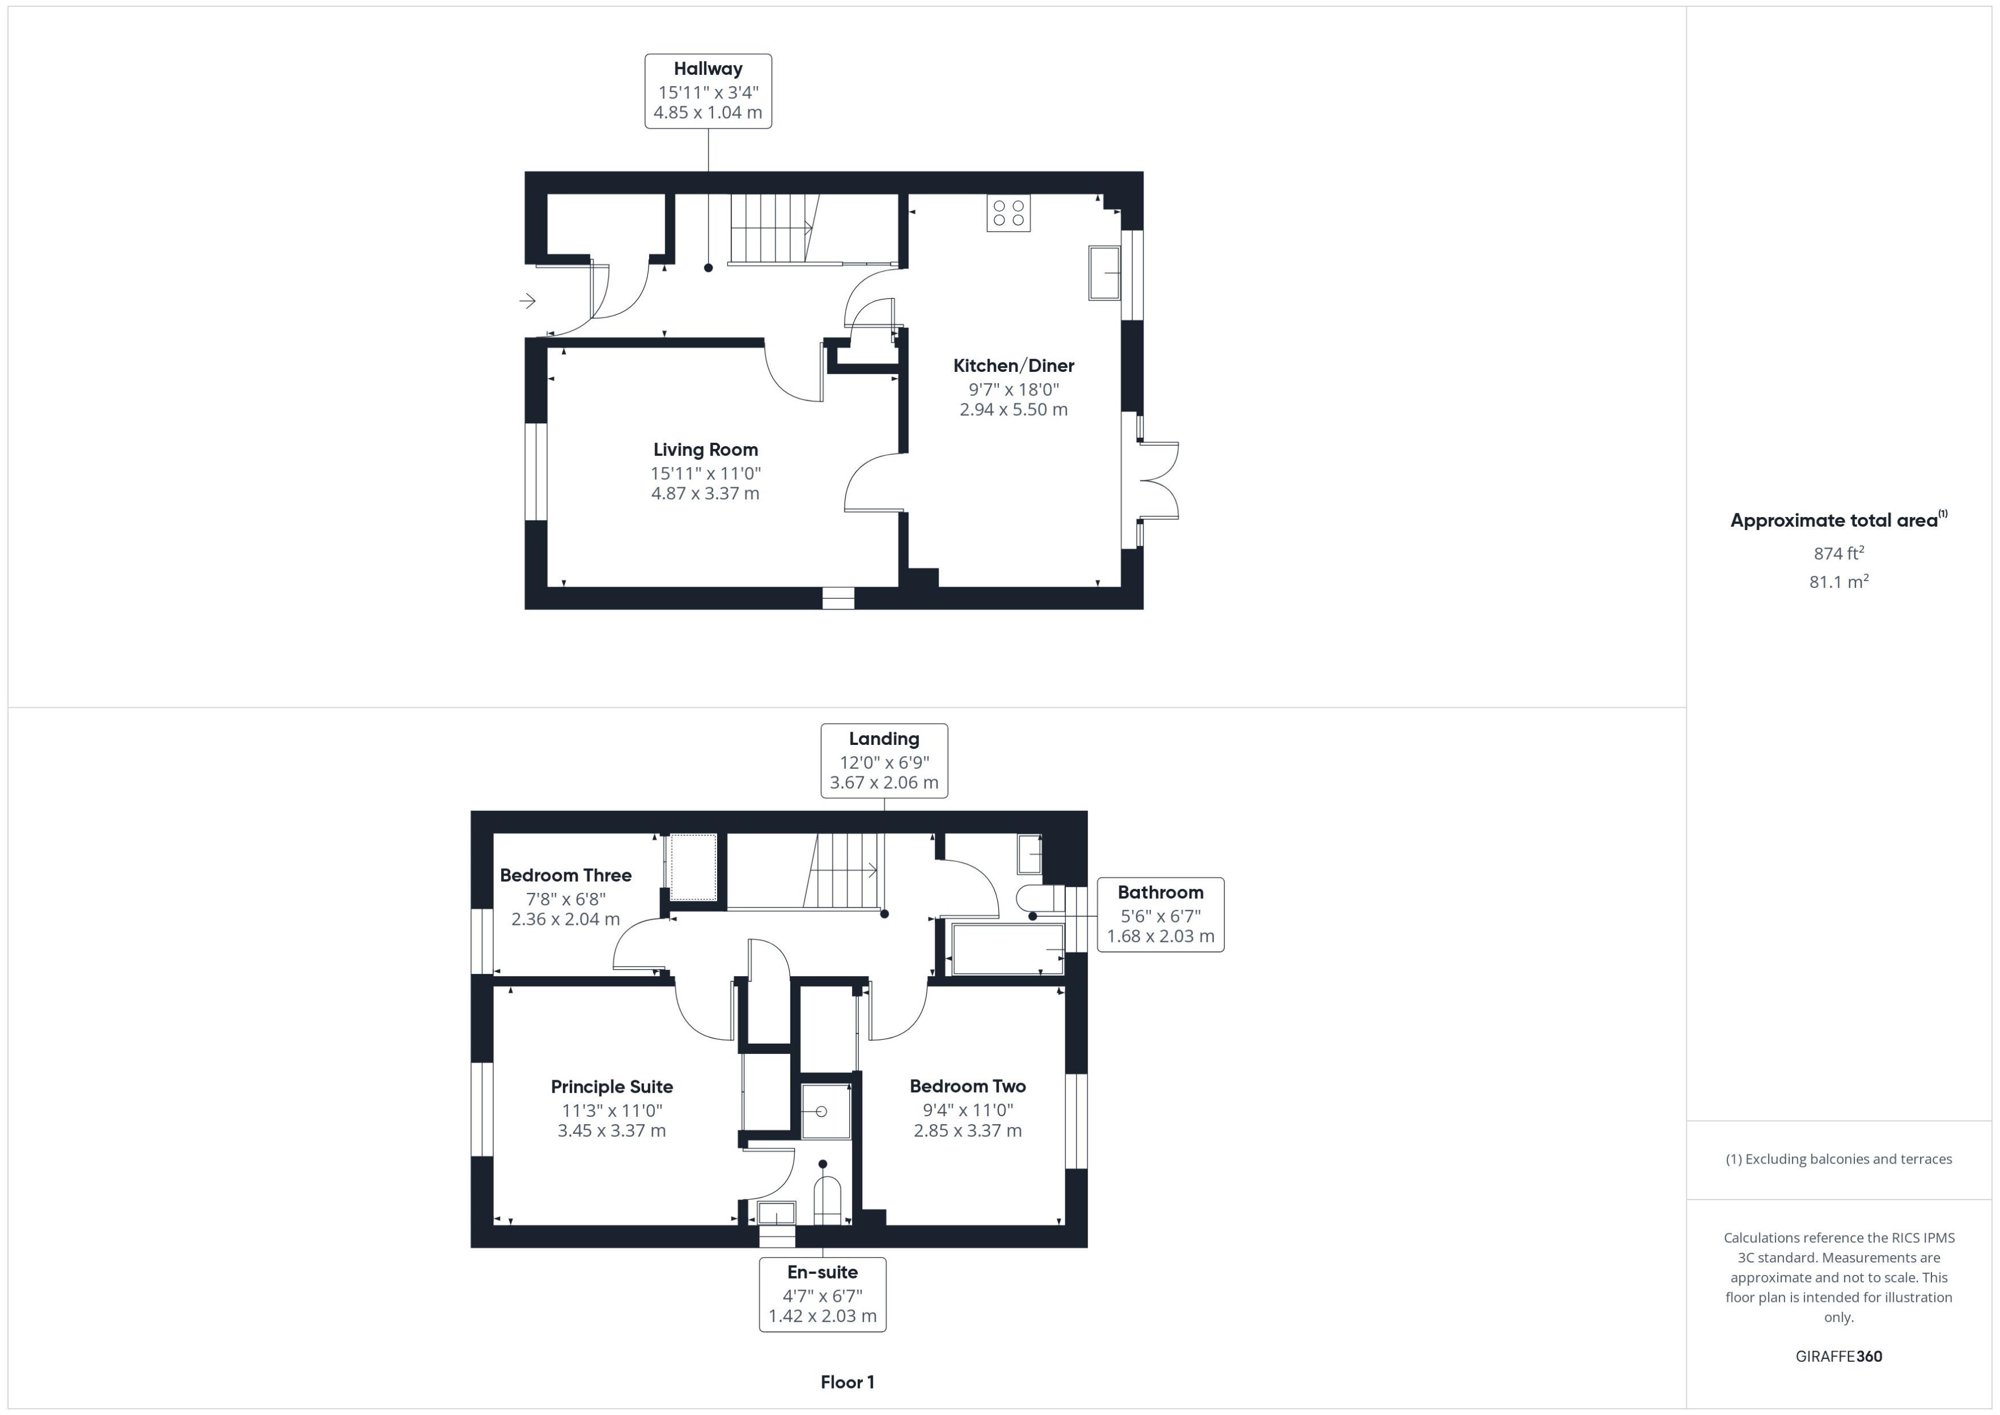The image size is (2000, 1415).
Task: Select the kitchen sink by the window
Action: [1103, 274]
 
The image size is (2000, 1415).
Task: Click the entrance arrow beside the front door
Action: [527, 302]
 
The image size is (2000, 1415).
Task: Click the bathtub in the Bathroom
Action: [1007, 950]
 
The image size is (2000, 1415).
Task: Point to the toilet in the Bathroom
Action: [1039, 899]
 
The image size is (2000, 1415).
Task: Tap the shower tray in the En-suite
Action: [825, 1111]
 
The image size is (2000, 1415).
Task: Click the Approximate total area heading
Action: [1837, 521]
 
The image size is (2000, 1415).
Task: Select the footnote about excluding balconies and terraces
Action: [1839, 1160]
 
